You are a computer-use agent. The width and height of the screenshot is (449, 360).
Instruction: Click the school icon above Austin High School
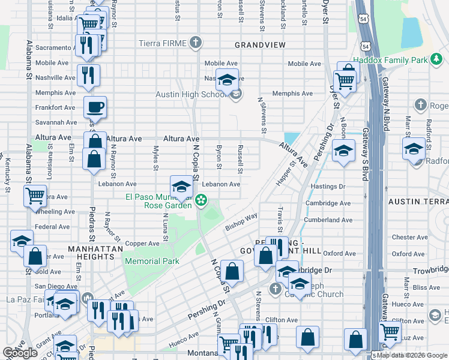(228, 80)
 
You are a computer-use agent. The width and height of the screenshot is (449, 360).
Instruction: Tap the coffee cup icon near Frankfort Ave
(95, 108)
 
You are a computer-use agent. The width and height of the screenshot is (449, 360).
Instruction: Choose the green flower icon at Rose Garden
(202, 200)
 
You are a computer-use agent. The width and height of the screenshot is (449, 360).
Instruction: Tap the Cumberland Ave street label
(328, 220)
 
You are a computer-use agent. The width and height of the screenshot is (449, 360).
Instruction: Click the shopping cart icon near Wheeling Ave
(35, 196)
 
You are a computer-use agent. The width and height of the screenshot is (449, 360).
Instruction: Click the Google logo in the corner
(21, 353)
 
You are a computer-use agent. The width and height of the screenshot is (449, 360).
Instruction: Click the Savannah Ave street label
(56, 122)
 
